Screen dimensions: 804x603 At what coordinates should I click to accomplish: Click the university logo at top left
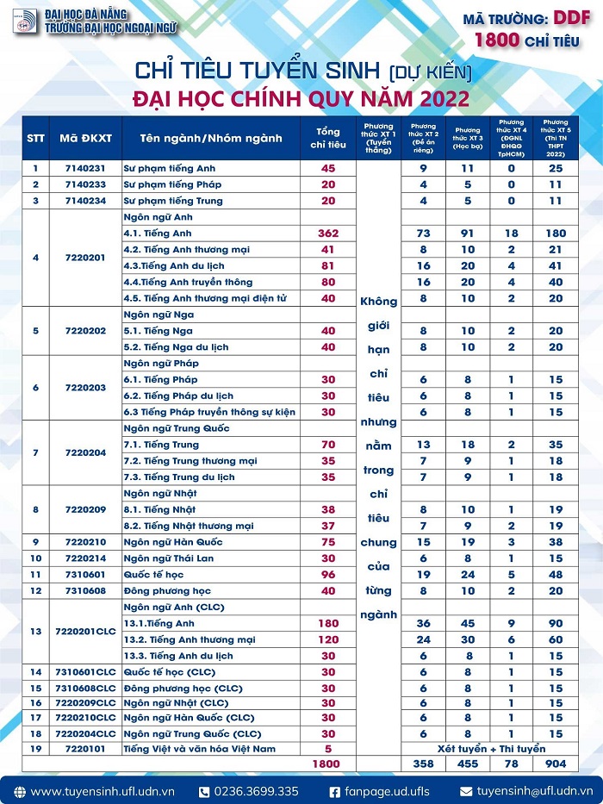point(24,22)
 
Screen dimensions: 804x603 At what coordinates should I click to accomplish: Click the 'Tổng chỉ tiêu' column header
point(327,137)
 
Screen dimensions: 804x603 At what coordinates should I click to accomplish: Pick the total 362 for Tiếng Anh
point(327,234)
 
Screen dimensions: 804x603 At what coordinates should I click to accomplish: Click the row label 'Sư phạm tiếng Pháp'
point(172,184)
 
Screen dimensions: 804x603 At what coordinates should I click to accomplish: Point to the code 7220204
point(84,452)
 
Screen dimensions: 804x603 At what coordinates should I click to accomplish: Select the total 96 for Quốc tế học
point(327,575)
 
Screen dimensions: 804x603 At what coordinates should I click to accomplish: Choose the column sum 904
point(555,764)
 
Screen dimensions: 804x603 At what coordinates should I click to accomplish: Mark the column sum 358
point(423,764)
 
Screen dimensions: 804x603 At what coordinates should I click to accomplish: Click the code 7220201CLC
point(84,632)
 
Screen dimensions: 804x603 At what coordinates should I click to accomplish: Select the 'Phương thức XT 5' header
point(555,137)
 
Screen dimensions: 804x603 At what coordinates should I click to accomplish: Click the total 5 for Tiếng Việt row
point(327,749)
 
